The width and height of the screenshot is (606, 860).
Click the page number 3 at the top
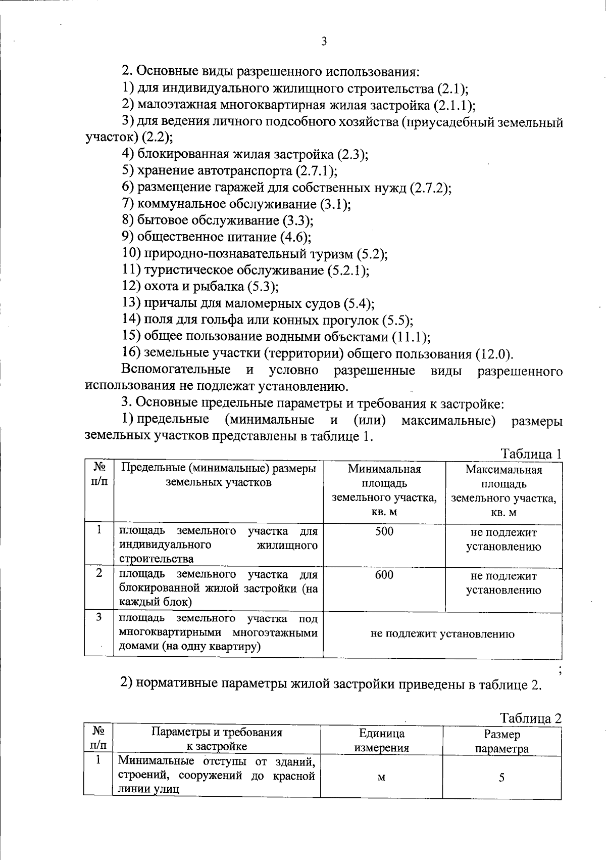coord(324,42)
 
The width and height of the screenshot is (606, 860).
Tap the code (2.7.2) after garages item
coord(430,188)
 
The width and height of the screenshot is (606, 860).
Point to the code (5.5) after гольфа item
coord(397,320)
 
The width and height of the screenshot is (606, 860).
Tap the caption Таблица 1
coord(531,454)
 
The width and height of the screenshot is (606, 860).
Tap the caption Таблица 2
coord(531,718)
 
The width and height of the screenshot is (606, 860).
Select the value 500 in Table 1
coord(384,531)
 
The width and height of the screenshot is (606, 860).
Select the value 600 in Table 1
coord(384,575)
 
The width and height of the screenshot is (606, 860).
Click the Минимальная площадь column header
coord(384,490)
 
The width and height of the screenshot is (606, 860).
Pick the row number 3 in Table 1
coord(99,617)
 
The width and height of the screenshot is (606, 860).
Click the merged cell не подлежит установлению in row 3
coord(442,634)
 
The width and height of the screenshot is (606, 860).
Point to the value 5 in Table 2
coord(501,778)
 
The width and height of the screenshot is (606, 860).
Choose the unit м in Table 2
coord(381,778)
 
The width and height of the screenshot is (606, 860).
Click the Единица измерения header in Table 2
coord(381,741)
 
